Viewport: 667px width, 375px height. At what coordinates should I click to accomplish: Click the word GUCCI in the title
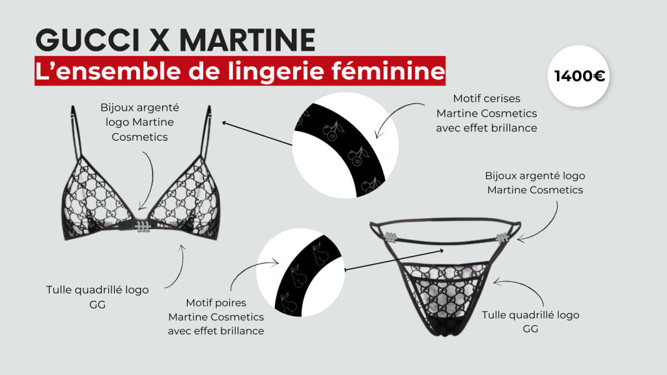pos(88,40)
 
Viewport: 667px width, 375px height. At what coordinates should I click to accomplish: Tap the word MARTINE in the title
pos(247,40)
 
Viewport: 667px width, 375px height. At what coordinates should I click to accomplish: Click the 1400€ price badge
pos(578,76)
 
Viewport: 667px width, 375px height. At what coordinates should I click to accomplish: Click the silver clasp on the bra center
pos(143,227)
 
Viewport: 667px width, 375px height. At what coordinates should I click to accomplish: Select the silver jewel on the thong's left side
pos(390,237)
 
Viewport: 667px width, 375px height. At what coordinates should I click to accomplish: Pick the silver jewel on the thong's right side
pos(502,238)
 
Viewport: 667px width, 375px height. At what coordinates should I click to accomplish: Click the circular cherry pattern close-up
pos(345,145)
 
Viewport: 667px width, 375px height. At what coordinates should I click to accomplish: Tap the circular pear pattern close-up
pos(300,273)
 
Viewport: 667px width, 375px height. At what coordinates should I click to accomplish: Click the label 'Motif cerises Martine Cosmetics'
pos(487,113)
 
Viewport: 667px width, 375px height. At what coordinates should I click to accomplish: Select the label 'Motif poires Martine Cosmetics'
pos(216,317)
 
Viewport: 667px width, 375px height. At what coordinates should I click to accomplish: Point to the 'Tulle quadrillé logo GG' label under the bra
pos(98,297)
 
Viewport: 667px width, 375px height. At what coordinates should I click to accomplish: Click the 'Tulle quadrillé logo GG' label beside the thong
pos(530,322)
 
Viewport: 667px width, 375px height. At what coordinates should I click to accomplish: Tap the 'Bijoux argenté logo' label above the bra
pos(139,122)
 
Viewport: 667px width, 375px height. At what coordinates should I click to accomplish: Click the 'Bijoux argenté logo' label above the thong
pos(535,183)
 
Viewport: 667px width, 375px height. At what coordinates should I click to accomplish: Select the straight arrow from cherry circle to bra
pos(257,133)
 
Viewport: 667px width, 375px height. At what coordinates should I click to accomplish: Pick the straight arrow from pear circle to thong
pos(394,260)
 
